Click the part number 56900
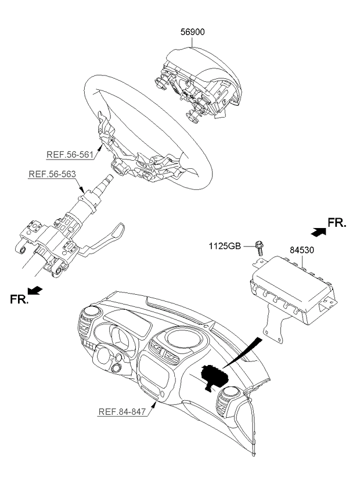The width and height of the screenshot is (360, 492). pos(193,32)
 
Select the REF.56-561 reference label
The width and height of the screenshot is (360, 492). pos(70,155)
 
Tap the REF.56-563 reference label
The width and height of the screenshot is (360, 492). pos(52,174)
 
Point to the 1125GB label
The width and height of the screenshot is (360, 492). pos(225,246)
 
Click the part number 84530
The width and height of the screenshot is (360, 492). pos(301,250)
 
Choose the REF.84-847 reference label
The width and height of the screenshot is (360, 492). pos(123,411)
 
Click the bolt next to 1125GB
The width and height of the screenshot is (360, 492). pos(260,248)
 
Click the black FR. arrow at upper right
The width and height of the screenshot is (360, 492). pos(318,231)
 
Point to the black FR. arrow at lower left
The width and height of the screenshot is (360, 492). pos(35,290)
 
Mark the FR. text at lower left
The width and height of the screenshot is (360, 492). pos(19,299)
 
